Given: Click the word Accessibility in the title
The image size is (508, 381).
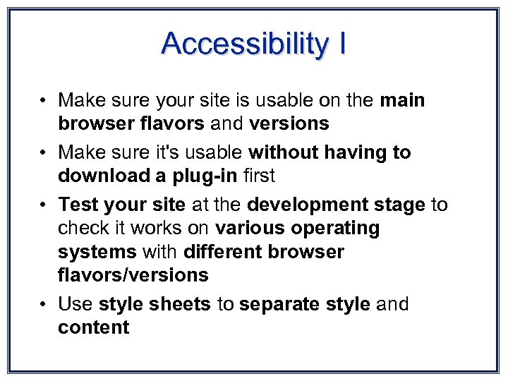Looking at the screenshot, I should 243,44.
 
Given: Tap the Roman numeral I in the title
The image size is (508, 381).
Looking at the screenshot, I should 342,44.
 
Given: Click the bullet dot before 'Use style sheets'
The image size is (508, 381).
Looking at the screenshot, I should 44,305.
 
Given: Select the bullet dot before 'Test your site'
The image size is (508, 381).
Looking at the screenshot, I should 44,205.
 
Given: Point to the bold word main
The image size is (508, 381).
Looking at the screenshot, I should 402,101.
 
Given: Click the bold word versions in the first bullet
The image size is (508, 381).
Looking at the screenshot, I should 289,124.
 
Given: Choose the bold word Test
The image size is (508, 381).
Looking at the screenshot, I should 78,205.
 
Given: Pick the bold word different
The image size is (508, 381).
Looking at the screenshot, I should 225,252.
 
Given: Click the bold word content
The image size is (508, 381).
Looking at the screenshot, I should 94,327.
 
